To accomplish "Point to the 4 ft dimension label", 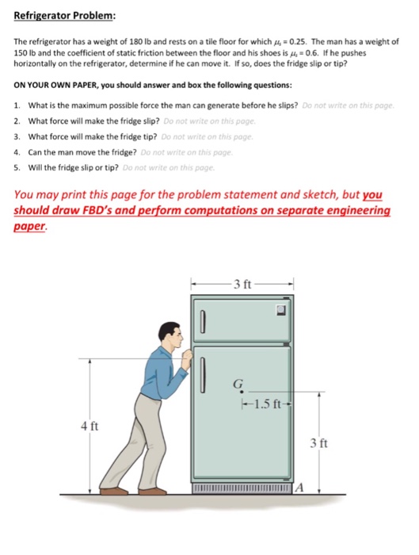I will (x=90, y=427).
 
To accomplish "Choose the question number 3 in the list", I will (x=17, y=136).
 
